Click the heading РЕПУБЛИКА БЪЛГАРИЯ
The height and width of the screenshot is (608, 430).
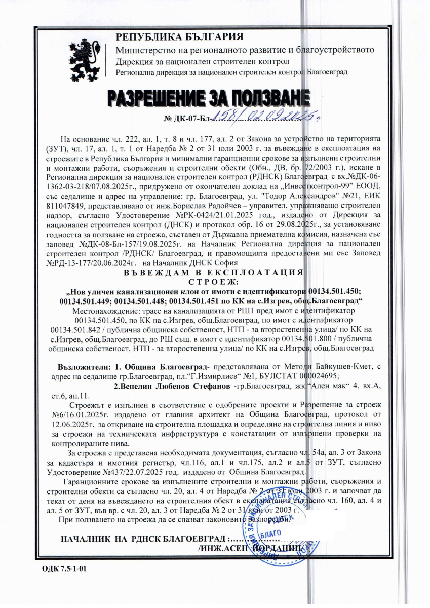click(180, 37)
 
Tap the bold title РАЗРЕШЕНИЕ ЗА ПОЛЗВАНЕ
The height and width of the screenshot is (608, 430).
click(209, 98)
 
